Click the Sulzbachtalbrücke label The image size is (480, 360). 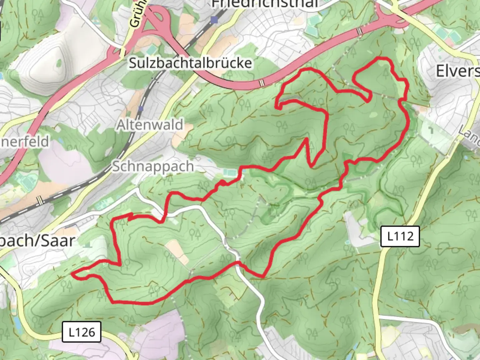190,63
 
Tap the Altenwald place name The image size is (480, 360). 150,125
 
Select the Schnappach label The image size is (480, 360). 153,166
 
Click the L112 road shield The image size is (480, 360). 400,236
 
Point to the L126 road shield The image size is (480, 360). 81,332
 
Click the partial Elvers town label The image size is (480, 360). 458,71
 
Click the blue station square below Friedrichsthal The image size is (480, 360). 214,20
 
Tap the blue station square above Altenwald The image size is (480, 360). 141,108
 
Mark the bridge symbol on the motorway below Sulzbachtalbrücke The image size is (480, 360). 262,82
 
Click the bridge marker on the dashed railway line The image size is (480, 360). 40,200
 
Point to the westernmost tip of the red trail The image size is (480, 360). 72,273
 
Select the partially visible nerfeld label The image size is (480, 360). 25,141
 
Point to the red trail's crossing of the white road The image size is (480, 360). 238,262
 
